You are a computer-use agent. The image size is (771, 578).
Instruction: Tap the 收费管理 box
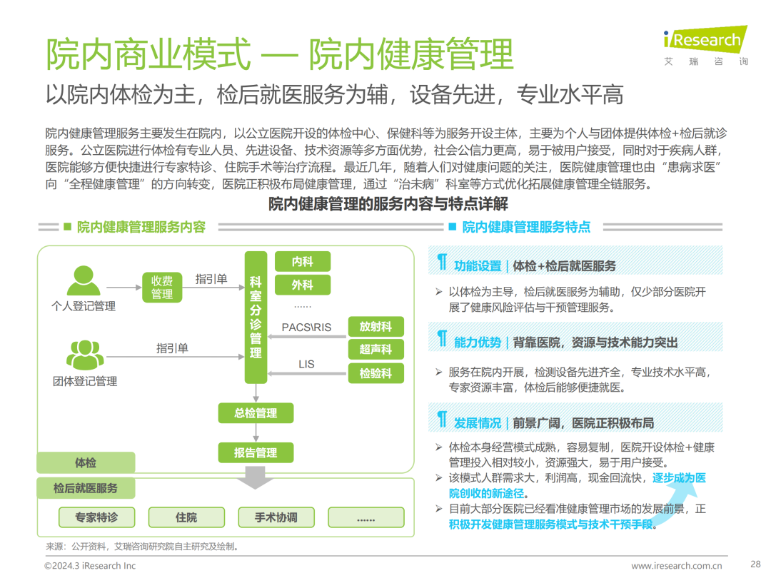coord(162,287)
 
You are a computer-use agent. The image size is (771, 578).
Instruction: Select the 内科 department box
coord(303,262)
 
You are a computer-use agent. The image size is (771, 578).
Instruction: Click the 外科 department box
coord(303,285)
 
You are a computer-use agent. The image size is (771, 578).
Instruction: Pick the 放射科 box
coord(376,327)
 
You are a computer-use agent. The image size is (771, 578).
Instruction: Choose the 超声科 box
coord(376,350)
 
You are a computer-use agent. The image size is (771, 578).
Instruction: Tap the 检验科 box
coord(376,372)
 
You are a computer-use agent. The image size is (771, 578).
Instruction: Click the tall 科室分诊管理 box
coord(256,317)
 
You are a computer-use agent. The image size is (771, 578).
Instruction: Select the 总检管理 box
coord(256,413)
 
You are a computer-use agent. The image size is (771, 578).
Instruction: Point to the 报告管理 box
coord(256,452)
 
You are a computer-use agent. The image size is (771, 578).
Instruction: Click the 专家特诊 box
coord(96,517)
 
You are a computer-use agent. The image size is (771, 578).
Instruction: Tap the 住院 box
coord(186,517)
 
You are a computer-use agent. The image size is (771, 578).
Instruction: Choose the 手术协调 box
coord(276,517)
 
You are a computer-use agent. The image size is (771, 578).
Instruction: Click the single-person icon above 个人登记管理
coord(84,280)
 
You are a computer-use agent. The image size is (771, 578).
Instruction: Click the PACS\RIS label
coord(306,328)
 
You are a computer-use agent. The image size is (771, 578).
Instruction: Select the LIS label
coord(306,365)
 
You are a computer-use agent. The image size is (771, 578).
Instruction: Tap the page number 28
coord(755,563)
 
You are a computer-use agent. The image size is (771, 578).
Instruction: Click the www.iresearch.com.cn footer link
coord(676,566)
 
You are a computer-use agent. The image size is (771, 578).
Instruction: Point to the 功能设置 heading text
coord(478,266)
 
